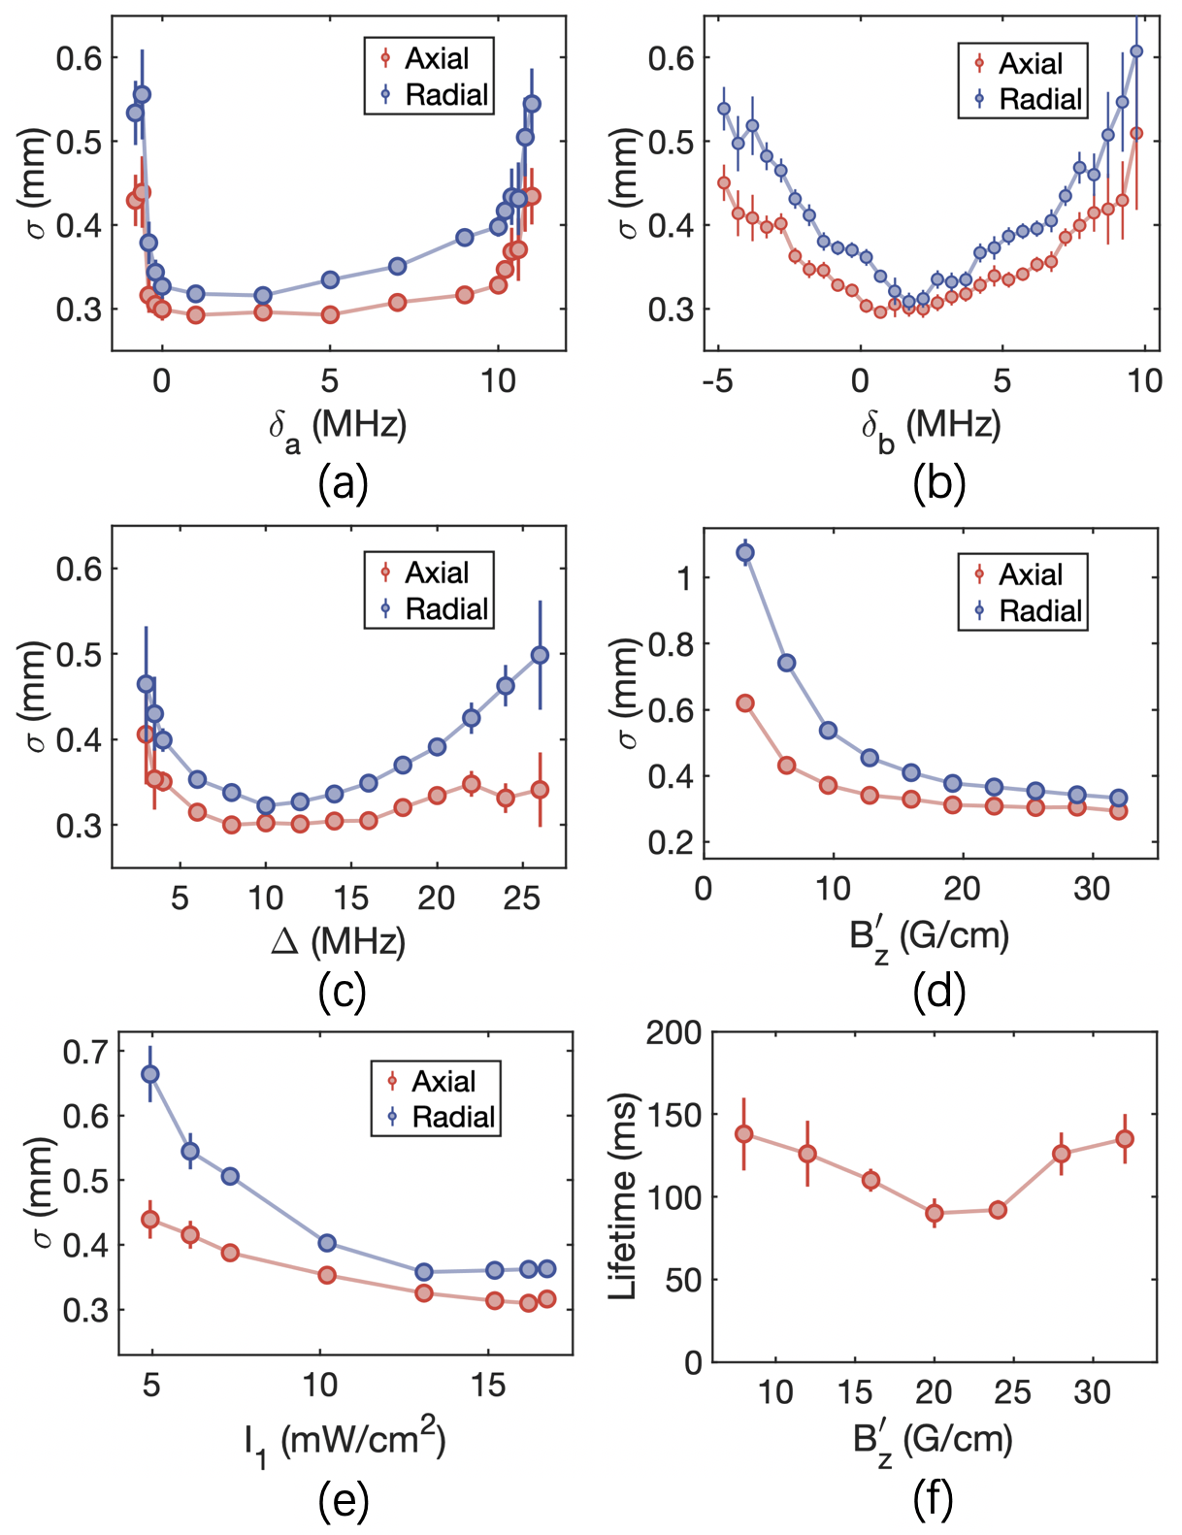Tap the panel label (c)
(342, 991)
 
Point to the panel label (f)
(933, 1500)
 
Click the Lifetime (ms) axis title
(622, 1196)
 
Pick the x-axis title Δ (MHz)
(339, 939)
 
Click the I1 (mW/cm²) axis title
(345, 1441)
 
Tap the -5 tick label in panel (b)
(718, 380)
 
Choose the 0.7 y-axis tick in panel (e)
(84, 1051)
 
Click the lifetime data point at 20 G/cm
(935, 1213)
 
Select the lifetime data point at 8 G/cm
(744, 1134)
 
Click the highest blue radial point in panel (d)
(745, 553)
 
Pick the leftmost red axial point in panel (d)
(745, 703)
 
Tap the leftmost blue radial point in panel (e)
(150, 1074)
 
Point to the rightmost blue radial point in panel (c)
(541, 655)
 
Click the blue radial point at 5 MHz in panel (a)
(330, 279)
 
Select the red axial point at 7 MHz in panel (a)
(397, 303)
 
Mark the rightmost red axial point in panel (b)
(1136, 133)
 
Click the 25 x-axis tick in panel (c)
(522, 898)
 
